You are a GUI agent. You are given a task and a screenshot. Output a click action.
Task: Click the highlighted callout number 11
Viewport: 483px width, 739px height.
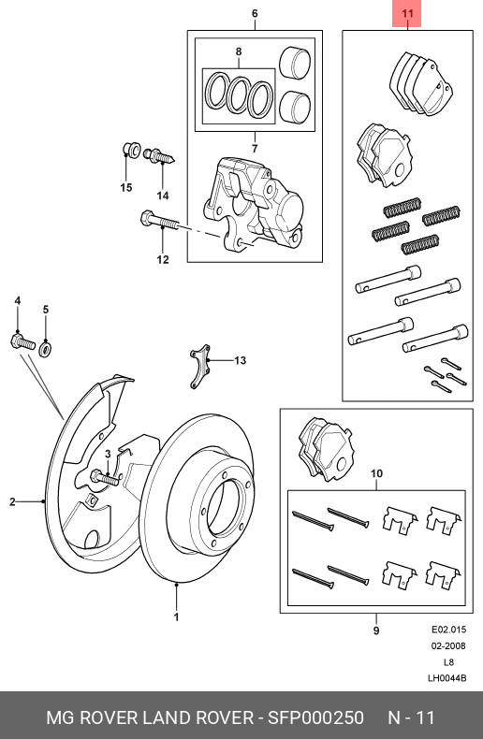(407, 13)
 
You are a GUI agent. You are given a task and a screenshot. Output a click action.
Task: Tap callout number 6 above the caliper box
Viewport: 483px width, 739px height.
(255, 13)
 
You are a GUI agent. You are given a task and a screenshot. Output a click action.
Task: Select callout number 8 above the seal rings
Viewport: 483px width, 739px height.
(239, 51)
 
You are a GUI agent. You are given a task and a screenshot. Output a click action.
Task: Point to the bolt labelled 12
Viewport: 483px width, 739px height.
(159, 222)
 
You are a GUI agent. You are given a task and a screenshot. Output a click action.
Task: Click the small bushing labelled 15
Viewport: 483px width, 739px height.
(132, 150)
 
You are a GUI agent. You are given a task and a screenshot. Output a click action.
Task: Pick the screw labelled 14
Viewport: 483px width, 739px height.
(159, 155)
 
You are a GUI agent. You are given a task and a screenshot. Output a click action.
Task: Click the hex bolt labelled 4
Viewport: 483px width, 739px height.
(22, 341)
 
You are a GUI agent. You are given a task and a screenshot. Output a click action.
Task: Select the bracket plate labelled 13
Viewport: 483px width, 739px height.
(200, 366)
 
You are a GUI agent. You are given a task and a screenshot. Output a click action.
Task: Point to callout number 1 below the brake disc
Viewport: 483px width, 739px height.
(176, 617)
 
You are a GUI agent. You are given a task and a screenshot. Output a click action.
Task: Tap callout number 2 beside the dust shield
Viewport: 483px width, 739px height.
(13, 502)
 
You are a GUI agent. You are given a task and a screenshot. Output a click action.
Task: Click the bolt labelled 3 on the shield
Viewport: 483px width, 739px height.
(105, 477)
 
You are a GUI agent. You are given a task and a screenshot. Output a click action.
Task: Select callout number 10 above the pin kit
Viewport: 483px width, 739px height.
(376, 473)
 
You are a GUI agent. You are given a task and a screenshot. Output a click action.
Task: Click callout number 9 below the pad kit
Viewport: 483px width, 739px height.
(376, 630)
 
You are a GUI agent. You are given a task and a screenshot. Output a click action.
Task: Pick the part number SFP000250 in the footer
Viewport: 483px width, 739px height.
(315, 717)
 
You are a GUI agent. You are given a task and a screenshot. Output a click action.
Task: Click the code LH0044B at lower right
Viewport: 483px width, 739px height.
(447, 678)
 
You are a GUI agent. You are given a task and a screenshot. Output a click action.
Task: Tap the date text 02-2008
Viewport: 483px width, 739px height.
(448, 645)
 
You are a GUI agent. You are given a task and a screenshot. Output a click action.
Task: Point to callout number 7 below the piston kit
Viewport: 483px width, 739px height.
(255, 149)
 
